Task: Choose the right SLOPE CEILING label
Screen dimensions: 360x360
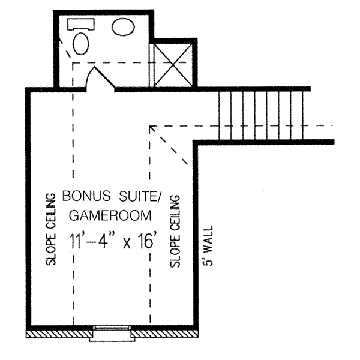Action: [176, 230]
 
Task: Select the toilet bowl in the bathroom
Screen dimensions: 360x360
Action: [80, 43]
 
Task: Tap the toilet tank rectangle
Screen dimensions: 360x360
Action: [80, 24]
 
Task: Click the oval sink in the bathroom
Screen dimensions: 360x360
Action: [124, 27]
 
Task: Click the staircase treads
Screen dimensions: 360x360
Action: [264, 115]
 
